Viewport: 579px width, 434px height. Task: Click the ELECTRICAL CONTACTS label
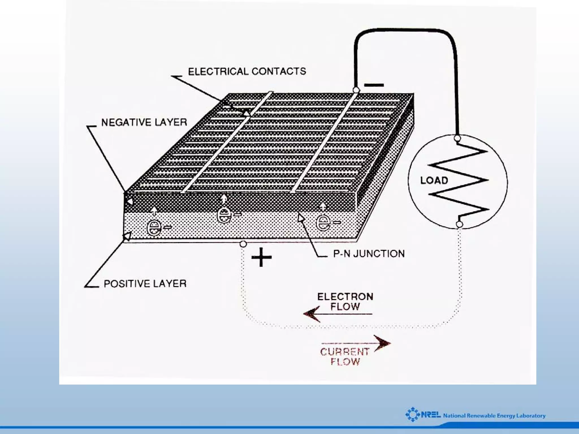click(247, 71)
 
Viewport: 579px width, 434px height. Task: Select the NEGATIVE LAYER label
click(144, 122)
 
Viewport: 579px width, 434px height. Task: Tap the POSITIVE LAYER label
click(145, 283)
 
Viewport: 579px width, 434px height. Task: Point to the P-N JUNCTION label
click(369, 253)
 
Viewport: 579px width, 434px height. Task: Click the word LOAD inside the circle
click(434, 180)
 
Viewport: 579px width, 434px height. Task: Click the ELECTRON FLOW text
click(345, 301)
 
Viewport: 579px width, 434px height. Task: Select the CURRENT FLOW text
click(345, 356)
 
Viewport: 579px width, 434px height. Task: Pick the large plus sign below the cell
click(262, 257)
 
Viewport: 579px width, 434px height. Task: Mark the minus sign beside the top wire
click(374, 85)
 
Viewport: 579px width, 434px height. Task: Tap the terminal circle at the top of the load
click(457, 138)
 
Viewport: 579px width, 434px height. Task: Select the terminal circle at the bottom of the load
click(459, 224)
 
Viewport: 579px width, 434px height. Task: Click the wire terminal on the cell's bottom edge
click(243, 244)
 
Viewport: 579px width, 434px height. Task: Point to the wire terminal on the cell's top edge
click(356, 90)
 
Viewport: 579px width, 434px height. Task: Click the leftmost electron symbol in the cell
click(154, 228)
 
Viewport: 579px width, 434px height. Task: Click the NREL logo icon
click(413, 414)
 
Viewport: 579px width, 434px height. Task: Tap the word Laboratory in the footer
click(531, 416)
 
